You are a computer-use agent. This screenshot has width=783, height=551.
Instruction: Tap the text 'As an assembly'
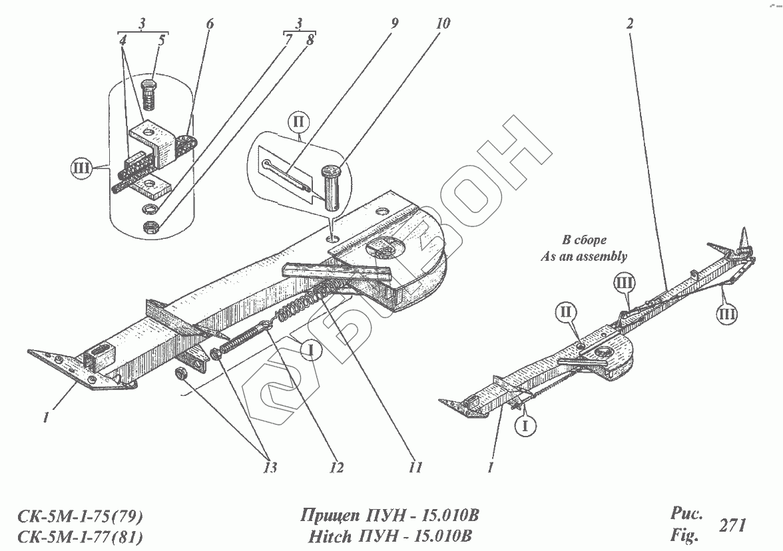pyautogui.click(x=585, y=255)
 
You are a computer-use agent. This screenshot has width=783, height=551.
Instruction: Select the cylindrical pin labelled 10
pyautogui.click(x=331, y=190)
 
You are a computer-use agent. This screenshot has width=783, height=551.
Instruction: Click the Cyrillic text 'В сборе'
pyautogui.click(x=585, y=240)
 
